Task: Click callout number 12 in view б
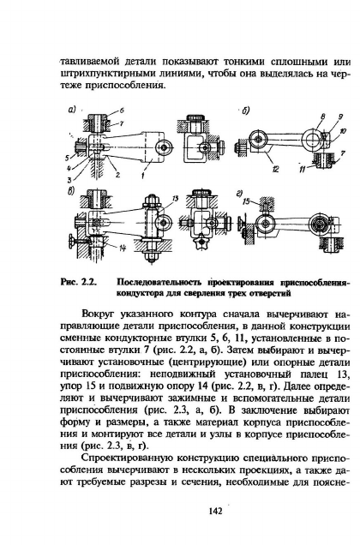tap(276, 170)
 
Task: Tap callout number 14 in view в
tap(122, 248)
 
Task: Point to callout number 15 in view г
tap(246, 201)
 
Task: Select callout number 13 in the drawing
tap(175, 198)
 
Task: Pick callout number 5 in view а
tap(67, 158)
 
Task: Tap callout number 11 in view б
tap(303, 170)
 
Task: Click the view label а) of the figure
tap(72, 110)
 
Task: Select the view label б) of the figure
tap(246, 111)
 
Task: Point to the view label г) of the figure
tap(240, 194)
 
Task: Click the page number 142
tap(215, 511)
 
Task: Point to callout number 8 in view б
tap(323, 117)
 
